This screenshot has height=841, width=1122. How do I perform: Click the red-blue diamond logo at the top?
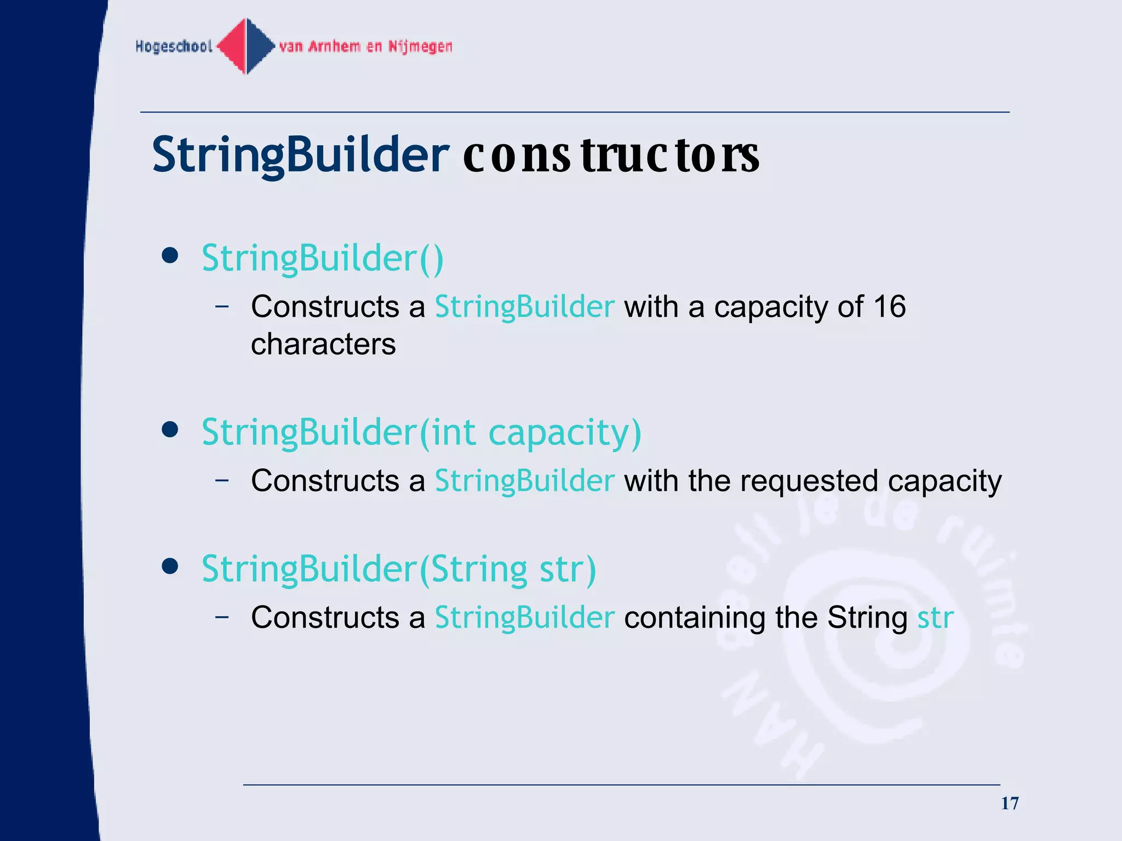(x=246, y=46)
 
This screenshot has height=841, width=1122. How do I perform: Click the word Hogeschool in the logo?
(x=174, y=47)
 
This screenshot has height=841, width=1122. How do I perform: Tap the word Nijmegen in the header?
(x=420, y=47)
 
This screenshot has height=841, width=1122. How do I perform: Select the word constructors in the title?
(x=610, y=155)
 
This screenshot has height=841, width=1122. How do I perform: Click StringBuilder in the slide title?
(x=300, y=155)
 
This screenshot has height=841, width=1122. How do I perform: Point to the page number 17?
(x=1010, y=803)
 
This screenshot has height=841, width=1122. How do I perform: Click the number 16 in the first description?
(x=889, y=307)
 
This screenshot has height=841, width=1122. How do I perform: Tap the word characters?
(x=323, y=344)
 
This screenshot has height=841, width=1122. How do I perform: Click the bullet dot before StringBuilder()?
(x=170, y=256)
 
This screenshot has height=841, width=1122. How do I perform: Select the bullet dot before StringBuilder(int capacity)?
(x=170, y=430)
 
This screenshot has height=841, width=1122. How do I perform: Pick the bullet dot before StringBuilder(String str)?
(x=170, y=567)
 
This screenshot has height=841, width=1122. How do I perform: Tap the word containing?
(x=694, y=618)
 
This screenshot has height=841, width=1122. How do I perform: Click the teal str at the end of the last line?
(x=935, y=618)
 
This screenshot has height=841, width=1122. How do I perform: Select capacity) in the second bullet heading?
(x=564, y=433)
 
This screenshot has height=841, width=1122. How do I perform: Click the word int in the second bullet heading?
(x=453, y=432)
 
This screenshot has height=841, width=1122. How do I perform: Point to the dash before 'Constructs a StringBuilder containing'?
(x=222, y=617)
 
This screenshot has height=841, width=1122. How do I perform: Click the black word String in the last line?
(x=867, y=618)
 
